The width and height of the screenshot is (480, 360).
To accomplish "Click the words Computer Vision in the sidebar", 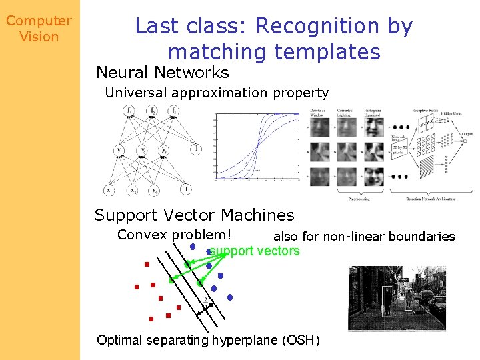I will point(39,29).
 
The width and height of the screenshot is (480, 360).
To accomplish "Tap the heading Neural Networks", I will point(162,72).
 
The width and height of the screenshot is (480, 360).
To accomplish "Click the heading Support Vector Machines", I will point(194,215).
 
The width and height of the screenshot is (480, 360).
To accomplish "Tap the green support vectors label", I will point(255,251).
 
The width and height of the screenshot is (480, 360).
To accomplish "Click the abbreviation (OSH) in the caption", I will point(301,340).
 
